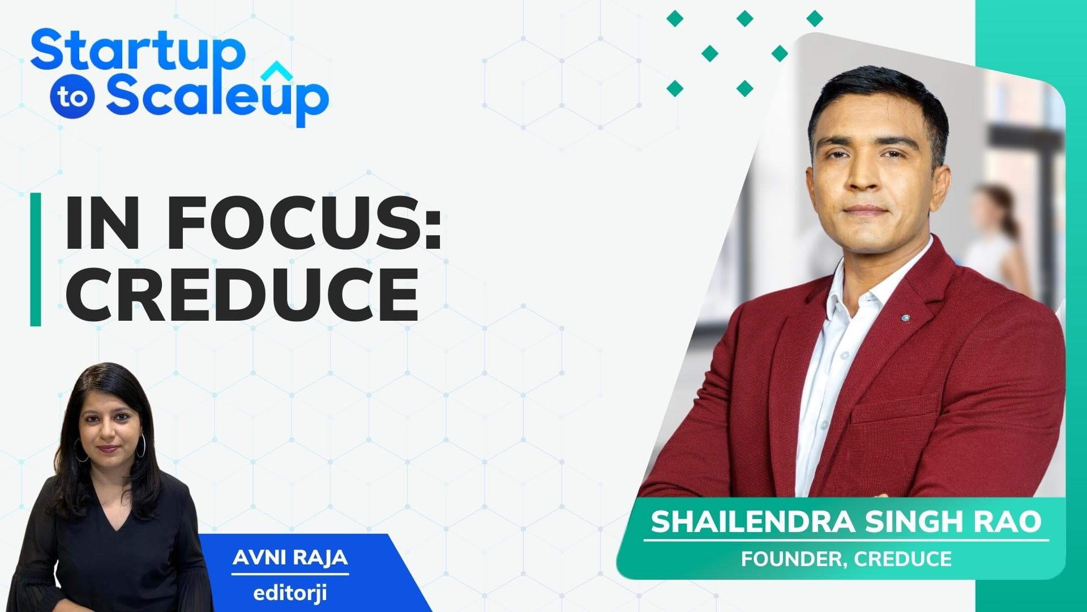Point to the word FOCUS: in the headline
[x=305, y=224]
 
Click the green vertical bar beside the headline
[x=36, y=260]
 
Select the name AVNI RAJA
[x=290, y=558]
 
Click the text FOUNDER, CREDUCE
[x=846, y=559]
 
